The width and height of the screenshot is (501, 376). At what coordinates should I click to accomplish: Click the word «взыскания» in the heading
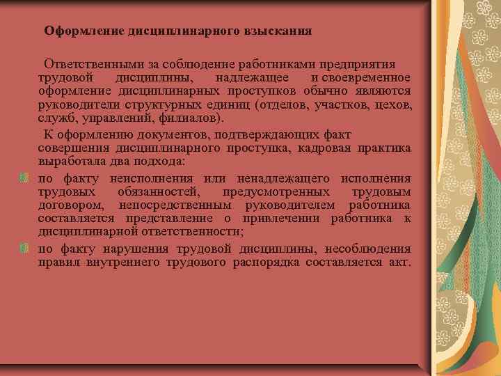278,31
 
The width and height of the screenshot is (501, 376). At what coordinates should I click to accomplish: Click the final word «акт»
400,262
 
